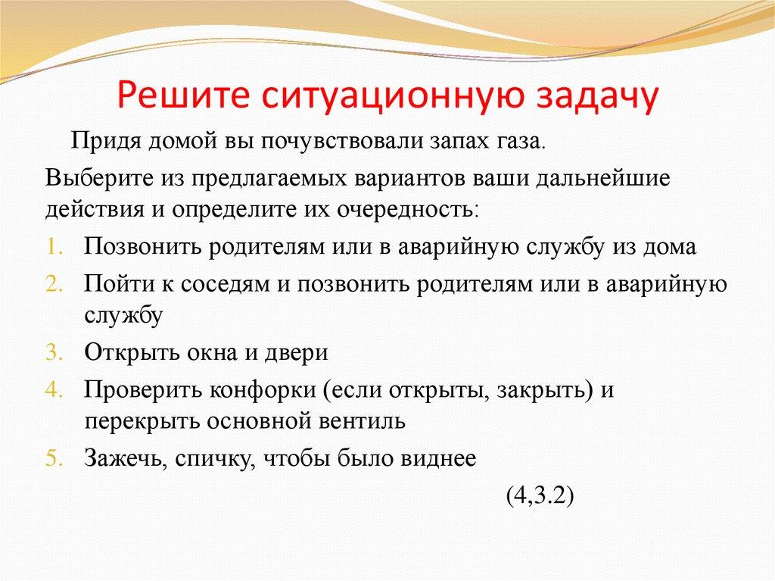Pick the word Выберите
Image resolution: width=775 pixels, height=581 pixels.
(99, 178)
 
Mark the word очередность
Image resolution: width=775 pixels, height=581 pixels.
(406, 211)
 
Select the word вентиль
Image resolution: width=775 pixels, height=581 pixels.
(361, 422)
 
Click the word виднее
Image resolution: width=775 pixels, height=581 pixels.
(438, 460)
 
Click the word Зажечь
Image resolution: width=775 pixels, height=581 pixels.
(126, 458)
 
